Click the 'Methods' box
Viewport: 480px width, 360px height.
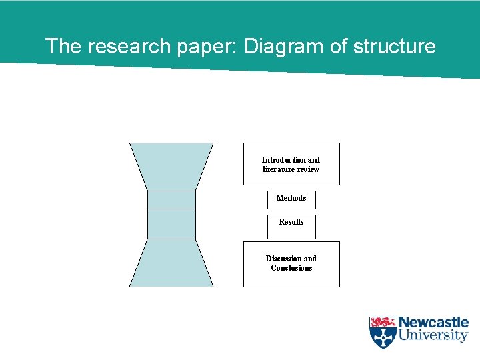pyautogui.click(x=291, y=199)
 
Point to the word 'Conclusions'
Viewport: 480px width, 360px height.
pyautogui.click(x=291, y=268)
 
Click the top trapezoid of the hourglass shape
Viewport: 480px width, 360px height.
pyautogui.click(x=171, y=166)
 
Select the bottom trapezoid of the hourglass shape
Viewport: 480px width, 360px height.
pyautogui.click(x=171, y=263)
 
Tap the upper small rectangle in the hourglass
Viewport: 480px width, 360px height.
pyautogui.click(x=171, y=200)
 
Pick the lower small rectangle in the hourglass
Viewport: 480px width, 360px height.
pyautogui.click(x=171, y=224)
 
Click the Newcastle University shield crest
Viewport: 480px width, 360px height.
pyautogui.click(x=383, y=332)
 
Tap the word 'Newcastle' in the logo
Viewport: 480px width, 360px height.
pyautogui.click(x=433, y=323)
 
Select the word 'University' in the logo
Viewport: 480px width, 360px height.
pyautogui.click(x=433, y=335)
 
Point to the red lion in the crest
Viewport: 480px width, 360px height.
pyautogui.click(x=383, y=322)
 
